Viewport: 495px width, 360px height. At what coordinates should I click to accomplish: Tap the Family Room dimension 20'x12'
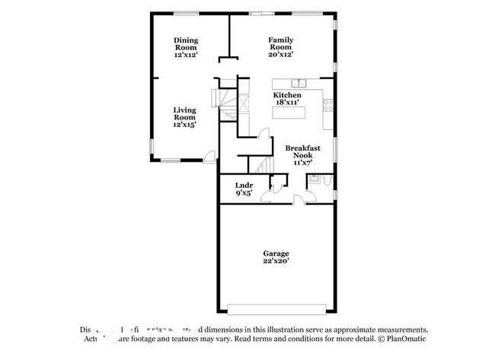[280, 54]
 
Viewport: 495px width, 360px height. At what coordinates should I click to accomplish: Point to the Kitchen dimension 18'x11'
[287, 102]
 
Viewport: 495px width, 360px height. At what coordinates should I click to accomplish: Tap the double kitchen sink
[299, 83]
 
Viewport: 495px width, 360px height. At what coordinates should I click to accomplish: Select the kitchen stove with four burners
[329, 106]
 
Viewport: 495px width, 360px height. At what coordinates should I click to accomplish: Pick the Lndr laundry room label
[244, 185]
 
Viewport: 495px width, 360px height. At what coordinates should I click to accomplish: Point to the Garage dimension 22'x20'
[276, 261]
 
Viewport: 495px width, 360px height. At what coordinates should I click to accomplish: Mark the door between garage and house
[300, 199]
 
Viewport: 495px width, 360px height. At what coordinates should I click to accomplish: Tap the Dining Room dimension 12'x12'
[185, 55]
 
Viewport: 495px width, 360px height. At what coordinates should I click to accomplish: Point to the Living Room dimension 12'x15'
[184, 125]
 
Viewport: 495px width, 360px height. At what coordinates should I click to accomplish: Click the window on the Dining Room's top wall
[185, 14]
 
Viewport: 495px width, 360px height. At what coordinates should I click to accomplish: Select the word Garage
[276, 253]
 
